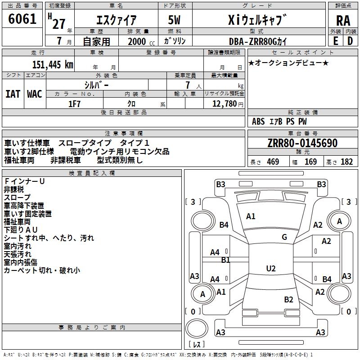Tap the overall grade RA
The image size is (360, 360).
[x=343, y=21]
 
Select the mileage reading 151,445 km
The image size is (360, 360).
[x=53, y=64]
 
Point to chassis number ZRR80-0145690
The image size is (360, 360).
[x=302, y=144]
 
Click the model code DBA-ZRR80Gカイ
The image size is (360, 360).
[x=256, y=41]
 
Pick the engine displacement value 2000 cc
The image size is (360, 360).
[x=139, y=41]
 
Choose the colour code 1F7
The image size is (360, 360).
[x=74, y=104]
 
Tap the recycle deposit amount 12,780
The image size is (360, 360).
[x=224, y=104]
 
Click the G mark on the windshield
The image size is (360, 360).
[x=284, y=237]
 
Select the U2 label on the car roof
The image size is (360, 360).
[x=271, y=268]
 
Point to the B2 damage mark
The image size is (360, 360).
[x=288, y=299]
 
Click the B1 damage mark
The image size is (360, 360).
[x=225, y=260]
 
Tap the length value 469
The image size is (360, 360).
[x=273, y=162]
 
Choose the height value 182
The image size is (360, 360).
[x=346, y=162]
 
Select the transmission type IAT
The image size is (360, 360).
[x=13, y=94]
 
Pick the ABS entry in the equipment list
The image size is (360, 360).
[x=258, y=121]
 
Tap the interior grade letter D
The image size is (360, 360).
[x=350, y=41]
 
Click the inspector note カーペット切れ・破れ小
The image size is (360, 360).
[x=42, y=270]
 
